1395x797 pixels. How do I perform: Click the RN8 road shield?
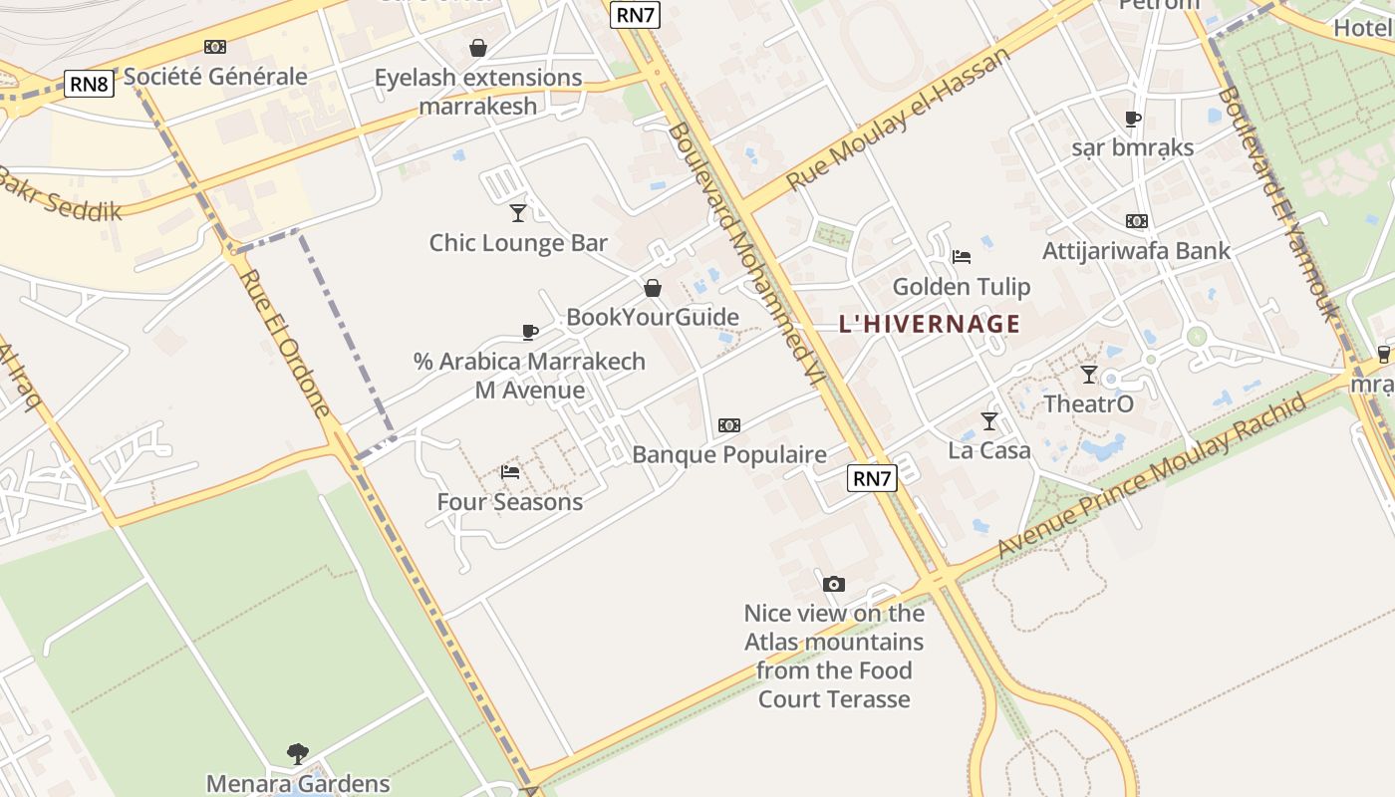point(89,84)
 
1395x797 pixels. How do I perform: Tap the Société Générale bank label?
point(215,76)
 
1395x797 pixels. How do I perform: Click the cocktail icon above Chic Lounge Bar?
point(518,212)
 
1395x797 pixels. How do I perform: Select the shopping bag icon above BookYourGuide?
point(653,288)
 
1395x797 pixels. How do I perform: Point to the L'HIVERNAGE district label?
point(930,324)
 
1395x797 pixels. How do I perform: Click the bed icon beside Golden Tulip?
point(962,257)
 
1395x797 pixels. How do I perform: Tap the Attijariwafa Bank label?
point(1136,250)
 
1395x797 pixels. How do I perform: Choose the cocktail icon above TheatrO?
point(1088,375)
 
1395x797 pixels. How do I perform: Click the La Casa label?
point(988,450)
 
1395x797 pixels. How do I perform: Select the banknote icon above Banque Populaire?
point(729,425)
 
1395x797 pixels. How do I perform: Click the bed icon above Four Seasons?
point(510,472)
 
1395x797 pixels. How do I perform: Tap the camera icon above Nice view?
point(834,584)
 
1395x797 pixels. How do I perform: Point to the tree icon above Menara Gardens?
point(297,753)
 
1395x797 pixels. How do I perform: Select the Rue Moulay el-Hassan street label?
point(898,120)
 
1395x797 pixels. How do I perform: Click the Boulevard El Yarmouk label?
point(1278,203)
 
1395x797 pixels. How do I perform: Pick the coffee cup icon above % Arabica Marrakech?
point(530,332)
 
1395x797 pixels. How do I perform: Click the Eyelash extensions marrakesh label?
point(478,91)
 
